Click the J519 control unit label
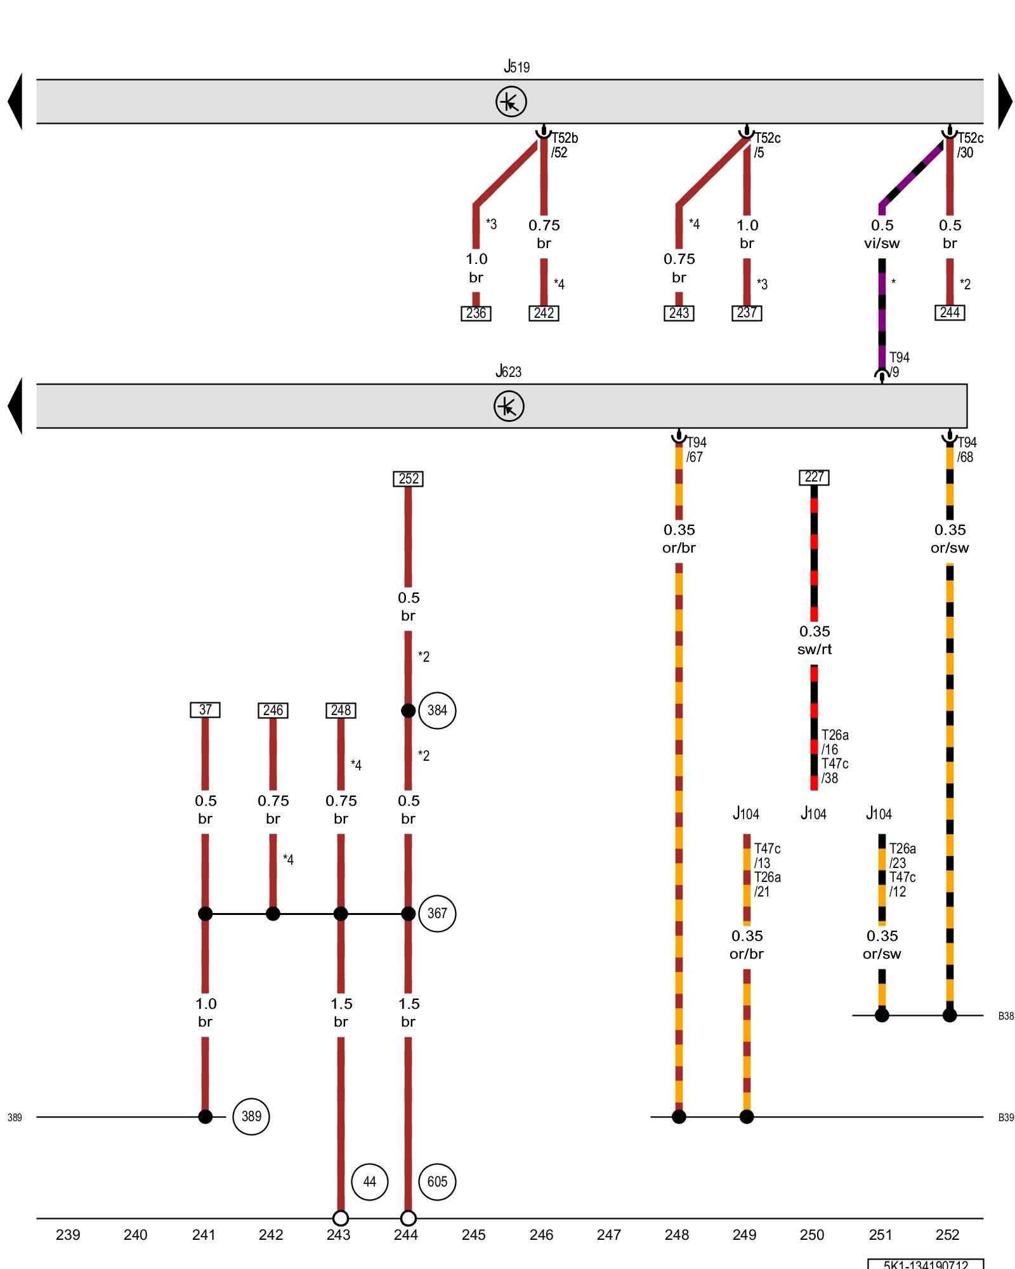point(516,67)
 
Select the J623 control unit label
point(508,371)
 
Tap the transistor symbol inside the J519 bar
point(511,102)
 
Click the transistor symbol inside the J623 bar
point(509,406)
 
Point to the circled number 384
point(437,711)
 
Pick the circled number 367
point(437,914)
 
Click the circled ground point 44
point(369,1181)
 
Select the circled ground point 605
point(437,1181)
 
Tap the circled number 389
point(251,1117)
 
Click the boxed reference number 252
point(408,478)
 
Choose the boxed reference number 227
point(814,477)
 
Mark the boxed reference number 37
point(205,710)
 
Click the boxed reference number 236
point(476,313)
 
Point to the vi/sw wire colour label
point(882,243)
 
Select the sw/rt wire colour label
point(815,649)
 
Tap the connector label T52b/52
point(564,145)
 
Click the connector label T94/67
point(696,449)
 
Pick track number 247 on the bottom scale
point(609,1235)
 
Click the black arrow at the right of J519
point(1005,102)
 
